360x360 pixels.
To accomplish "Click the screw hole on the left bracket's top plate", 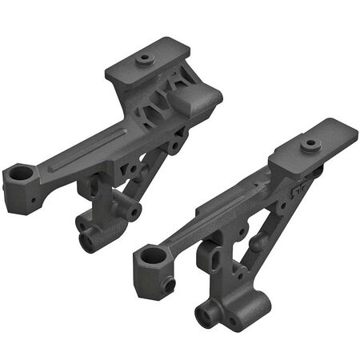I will [x=145, y=58].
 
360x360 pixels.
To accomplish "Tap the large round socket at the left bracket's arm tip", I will [x=22, y=173].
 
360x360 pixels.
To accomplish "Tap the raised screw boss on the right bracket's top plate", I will [x=311, y=145].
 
